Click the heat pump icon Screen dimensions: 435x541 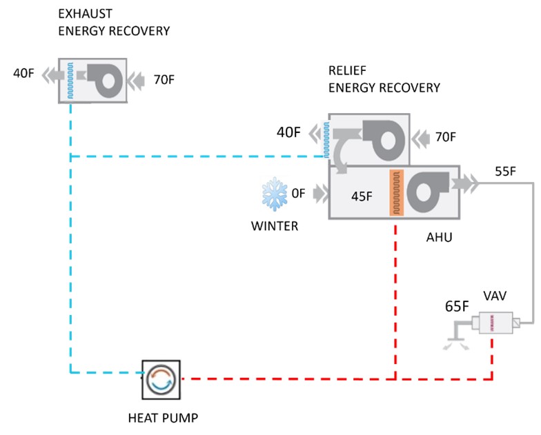click(x=161, y=379)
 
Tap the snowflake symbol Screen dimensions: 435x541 click(x=273, y=195)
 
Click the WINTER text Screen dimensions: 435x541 click(x=275, y=225)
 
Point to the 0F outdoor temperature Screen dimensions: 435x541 click(x=298, y=194)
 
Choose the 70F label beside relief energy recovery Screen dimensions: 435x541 click(x=444, y=136)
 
